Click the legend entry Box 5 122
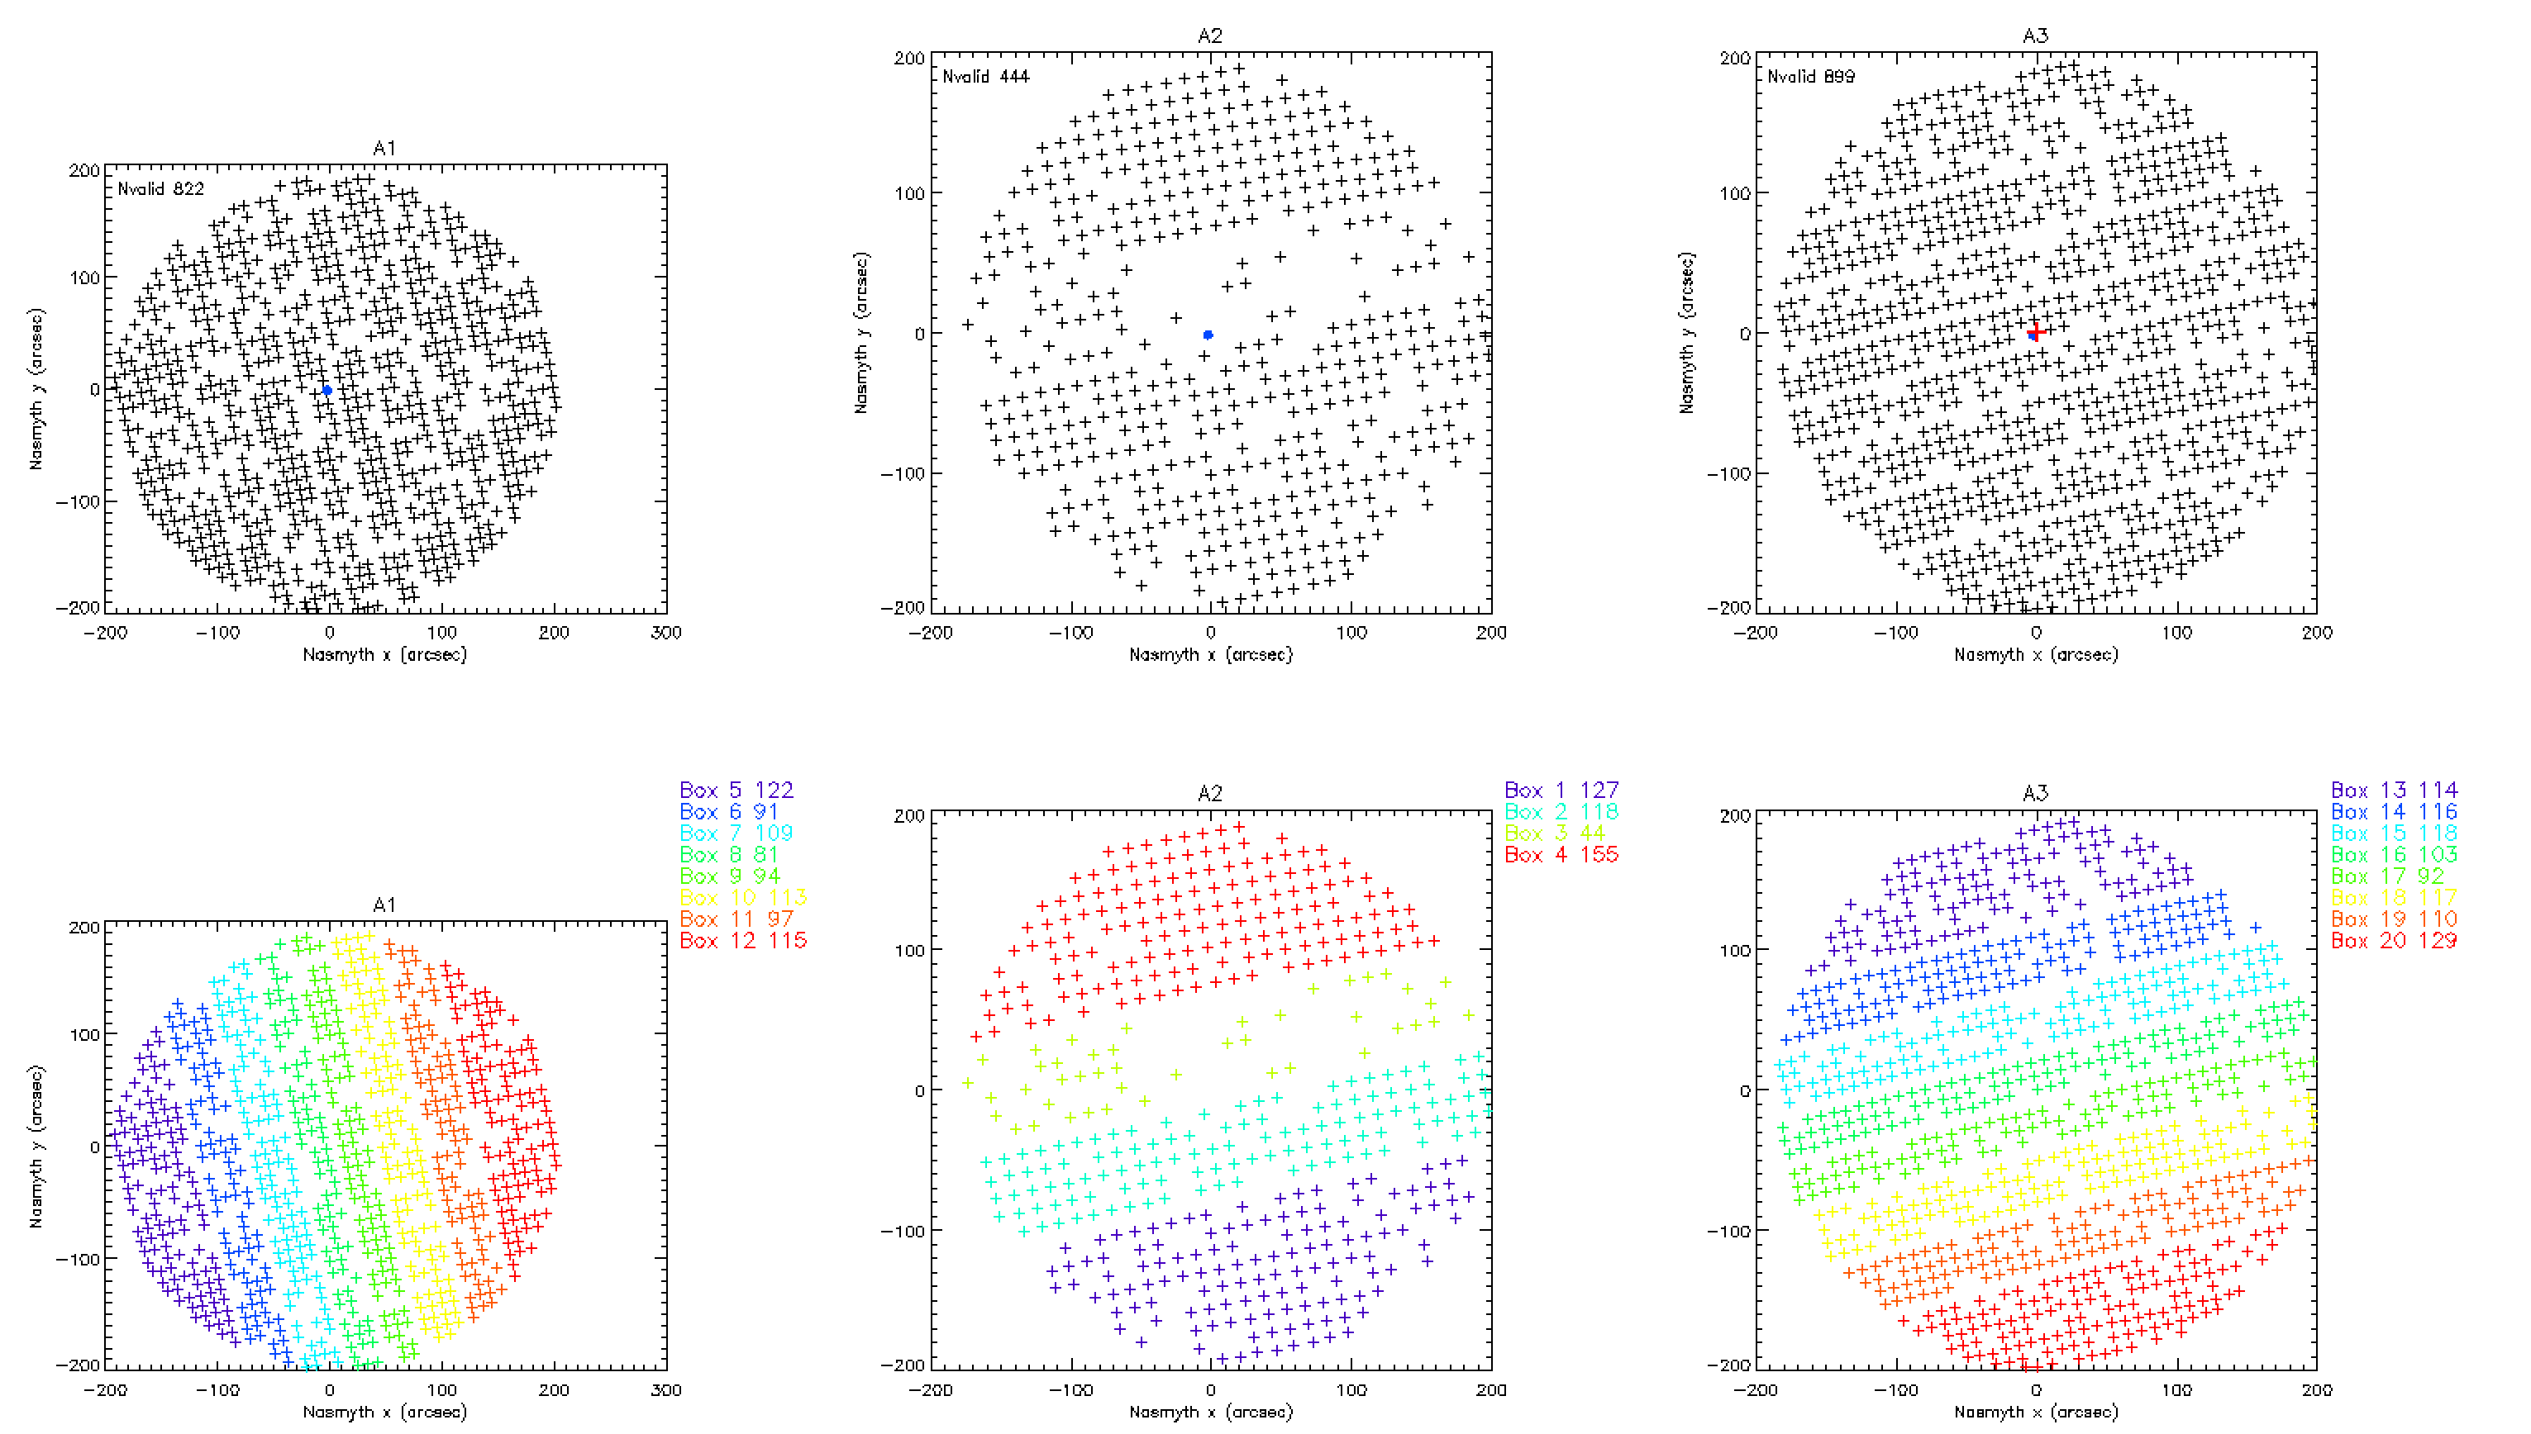pos(736,790)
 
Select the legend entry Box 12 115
pos(743,941)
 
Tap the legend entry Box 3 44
pos(1554,833)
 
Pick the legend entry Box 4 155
pos(1561,855)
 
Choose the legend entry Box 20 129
pos(2393,941)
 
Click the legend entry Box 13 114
pos(2393,790)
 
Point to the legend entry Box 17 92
pos(2387,876)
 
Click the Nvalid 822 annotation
pos(160,189)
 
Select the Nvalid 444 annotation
pos(985,77)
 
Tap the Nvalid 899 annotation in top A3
pos(1811,77)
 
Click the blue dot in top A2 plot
pos(1208,335)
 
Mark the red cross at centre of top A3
pos(2035,333)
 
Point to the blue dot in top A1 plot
pos(327,390)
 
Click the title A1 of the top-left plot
pos(384,149)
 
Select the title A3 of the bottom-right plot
pos(2035,793)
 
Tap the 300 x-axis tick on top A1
pos(666,632)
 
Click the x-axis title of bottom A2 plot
pos(1210,1412)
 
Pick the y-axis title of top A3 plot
pos(1687,333)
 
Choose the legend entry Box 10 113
pos(743,897)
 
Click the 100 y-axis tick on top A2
pos(909,193)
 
